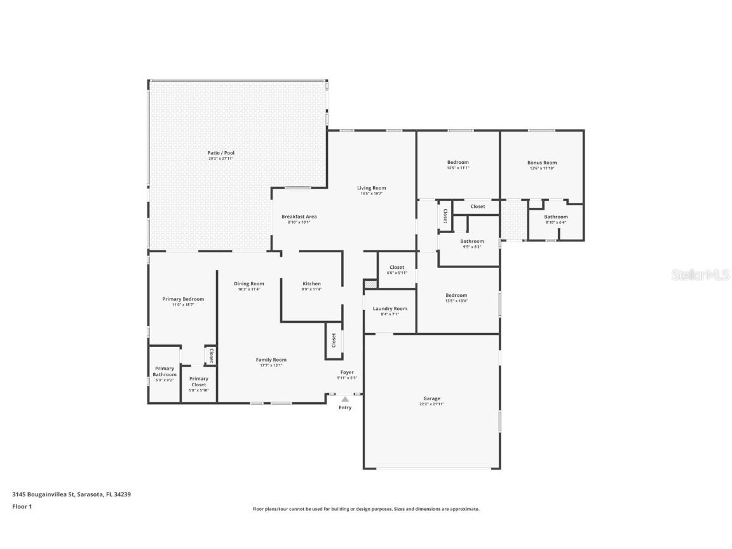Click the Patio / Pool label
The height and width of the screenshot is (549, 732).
click(220, 152)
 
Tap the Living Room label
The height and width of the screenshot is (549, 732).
click(371, 187)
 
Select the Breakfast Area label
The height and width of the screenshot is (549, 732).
click(299, 217)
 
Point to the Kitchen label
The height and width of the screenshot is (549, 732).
click(311, 283)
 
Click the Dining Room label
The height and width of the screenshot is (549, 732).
click(249, 283)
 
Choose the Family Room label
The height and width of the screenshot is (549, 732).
click(271, 360)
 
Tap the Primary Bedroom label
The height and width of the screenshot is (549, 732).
click(183, 299)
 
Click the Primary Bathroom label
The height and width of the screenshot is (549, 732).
click(164, 372)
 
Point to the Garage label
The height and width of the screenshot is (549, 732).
click(431, 398)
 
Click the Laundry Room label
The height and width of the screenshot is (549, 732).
click(390, 308)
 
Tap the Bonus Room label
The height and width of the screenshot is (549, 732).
click(542, 162)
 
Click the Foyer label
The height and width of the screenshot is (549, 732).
click(347, 372)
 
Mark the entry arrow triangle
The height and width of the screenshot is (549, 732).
click(345, 400)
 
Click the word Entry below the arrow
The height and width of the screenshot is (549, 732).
click(345, 408)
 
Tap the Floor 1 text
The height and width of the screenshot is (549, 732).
click(22, 506)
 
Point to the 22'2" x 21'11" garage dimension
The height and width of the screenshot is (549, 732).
click(431, 404)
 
